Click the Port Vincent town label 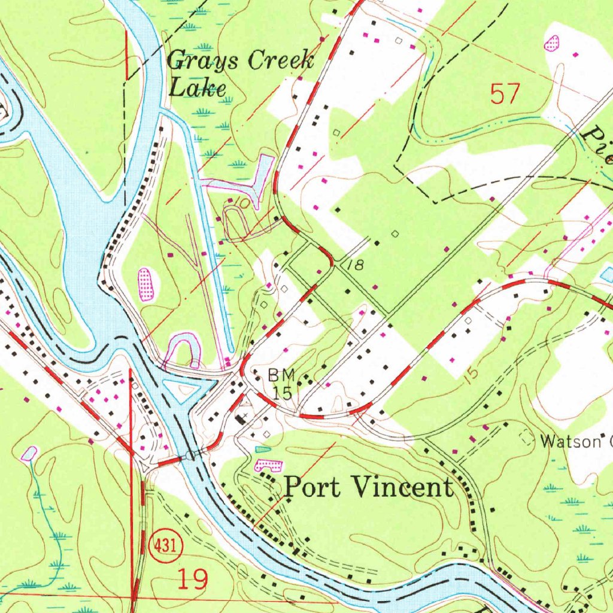coord(368,487)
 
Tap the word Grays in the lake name coord(203,60)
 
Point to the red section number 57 coord(505,94)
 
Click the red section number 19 coord(193,579)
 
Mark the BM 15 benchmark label coord(281,384)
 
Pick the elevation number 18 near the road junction coord(355,265)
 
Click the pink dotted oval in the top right coord(552,43)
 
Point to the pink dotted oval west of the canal coord(145,284)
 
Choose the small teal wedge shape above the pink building coord(263,449)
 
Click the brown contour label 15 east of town coord(471,375)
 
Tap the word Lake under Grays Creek coord(198,89)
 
